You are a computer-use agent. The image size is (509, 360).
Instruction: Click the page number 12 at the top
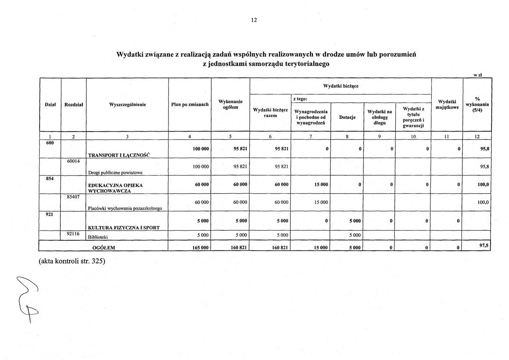tap(254, 20)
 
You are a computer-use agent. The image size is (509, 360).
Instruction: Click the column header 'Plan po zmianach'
tap(190, 105)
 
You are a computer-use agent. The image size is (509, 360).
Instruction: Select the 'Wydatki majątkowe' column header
tap(447, 105)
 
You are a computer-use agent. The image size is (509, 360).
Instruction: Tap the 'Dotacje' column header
tap(347, 118)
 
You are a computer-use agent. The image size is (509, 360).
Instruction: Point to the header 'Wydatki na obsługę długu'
tap(380, 117)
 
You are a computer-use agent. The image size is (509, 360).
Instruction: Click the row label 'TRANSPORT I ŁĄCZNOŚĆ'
tap(119, 155)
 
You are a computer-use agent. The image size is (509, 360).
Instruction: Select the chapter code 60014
tap(73, 162)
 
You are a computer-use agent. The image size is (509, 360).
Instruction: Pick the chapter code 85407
tap(73, 197)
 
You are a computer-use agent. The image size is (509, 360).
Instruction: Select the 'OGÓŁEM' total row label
tap(104, 248)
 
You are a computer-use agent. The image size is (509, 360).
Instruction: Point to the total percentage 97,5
tap(484, 246)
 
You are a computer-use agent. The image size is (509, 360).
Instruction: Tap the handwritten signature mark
tap(27, 297)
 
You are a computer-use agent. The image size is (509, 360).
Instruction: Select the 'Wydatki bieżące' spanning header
tap(341, 86)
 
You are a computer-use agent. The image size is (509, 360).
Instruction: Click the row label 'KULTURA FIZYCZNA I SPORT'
tap(124, 228)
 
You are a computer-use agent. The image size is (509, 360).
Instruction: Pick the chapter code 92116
tap(73, 234)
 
